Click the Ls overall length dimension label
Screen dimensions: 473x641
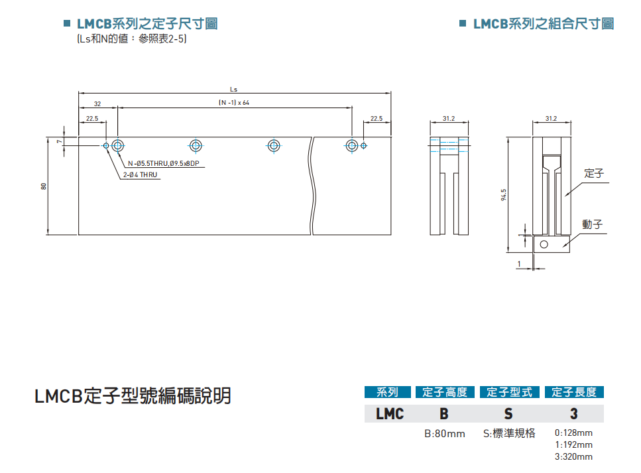pos(233,88)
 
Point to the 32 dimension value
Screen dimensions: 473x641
pos(97,103)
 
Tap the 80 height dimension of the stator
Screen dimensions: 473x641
pos(44,186)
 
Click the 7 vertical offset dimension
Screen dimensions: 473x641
pos(59,141)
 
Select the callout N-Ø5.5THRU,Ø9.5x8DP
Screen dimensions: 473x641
pos(163,163)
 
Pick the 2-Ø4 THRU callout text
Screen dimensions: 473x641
pos(139,175)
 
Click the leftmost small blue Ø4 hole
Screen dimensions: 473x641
pos(106,145)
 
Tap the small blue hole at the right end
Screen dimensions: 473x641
pos(363,145)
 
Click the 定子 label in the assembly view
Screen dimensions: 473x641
pos(593,174)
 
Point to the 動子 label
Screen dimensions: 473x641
pos(593,224)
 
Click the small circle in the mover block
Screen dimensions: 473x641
pos(544,244)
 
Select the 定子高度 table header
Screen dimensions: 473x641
pos(445,392)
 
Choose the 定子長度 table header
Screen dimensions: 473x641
pos(574,392)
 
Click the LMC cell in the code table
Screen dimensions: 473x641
pos(390,414)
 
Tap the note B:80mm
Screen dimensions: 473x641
pos(445,434)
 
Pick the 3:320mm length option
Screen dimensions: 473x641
pos(573,456)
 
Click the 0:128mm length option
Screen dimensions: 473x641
pos(573,433)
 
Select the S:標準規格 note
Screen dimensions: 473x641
pos(509,434)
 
